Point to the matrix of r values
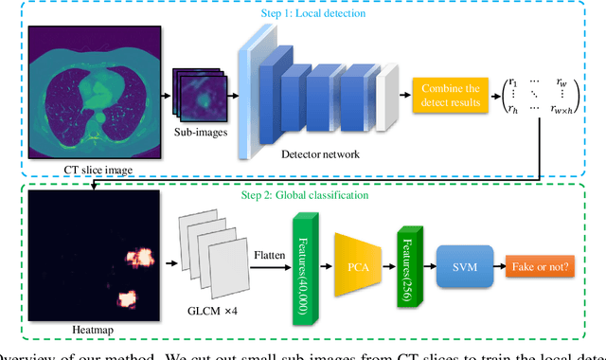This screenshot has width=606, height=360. click(x=542, y=96)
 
